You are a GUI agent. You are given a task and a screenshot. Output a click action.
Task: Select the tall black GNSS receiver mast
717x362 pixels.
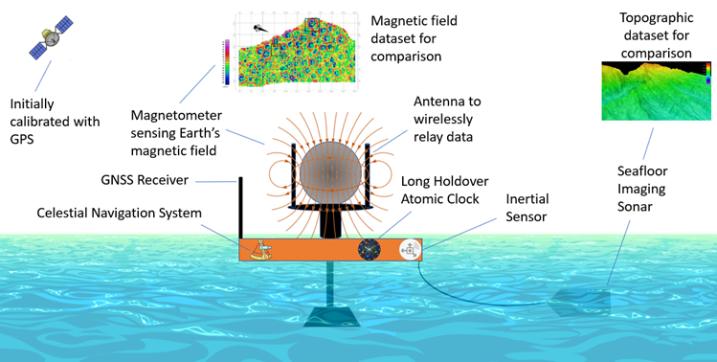240,206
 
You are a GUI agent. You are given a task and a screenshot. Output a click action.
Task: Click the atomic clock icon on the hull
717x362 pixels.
370,249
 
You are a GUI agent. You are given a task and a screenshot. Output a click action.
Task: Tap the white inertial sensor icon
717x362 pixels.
410,249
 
